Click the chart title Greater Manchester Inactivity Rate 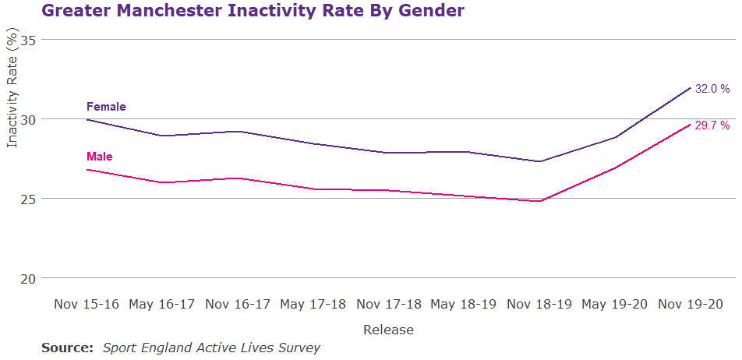click(x=253, y=11)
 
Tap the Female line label click(x=106, y=107)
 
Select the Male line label click(x=100, y=157)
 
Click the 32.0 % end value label click(x=712, y=89)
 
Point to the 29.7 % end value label click(x=712, y=125)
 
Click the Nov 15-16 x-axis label click(x=87, y=304)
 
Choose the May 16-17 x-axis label click(x=162, y=304)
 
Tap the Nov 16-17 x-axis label click(x=238, y=304)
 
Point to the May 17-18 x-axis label click(x=313, y=304)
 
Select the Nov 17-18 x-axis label click(x=389, y=304)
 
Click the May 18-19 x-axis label click(x=465, y=304)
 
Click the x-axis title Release click(x=388, y=330)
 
